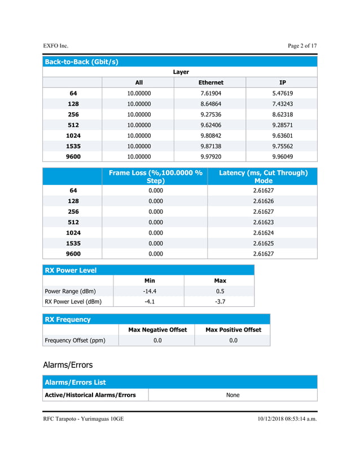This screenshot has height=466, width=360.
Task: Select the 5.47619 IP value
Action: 282,93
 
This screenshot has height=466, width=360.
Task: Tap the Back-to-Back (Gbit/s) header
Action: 81,61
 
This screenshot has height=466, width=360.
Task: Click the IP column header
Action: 282,82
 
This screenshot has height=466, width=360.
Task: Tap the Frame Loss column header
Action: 155,177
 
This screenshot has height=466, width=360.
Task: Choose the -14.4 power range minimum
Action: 150,291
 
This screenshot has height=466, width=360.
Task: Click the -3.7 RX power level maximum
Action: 220,302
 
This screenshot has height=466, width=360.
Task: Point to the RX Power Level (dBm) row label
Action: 73,302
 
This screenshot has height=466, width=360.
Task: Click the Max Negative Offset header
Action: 157,329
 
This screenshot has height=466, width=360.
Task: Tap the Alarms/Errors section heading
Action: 68,364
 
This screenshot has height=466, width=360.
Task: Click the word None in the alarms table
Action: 233,395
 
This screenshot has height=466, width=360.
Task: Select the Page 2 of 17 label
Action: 302,45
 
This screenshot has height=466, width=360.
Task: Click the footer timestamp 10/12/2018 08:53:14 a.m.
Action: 287,419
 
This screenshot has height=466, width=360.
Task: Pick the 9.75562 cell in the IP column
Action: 282,146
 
